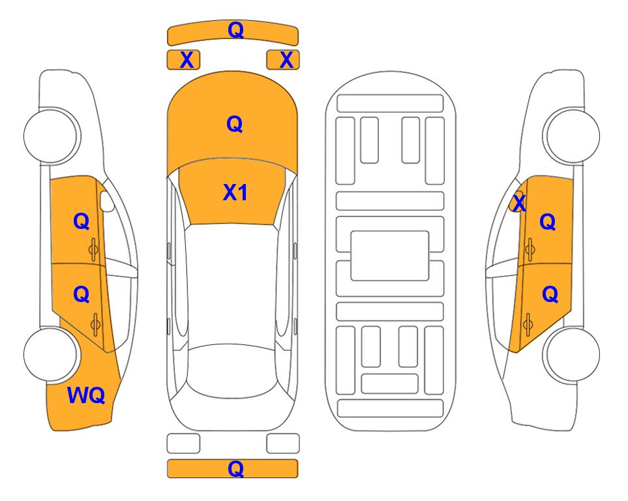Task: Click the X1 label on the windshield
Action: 235,192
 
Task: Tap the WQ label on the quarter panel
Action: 86,395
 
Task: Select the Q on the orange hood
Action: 235,124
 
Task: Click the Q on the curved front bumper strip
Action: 235,29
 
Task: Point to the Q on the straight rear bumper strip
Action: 235,468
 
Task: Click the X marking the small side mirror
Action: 519,202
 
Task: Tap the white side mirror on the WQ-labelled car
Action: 107,201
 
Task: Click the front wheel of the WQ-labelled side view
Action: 51,136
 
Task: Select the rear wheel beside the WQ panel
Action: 51,354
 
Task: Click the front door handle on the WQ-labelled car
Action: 94,249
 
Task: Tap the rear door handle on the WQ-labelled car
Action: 95,324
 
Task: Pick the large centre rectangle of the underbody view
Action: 390,256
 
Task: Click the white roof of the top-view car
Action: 232,284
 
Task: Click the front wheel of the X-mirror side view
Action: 573,136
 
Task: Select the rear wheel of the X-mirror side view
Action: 573,354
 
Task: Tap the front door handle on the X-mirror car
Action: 530,249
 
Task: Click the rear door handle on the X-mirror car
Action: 528,324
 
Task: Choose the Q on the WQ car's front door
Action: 82,221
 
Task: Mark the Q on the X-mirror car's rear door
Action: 550,295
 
